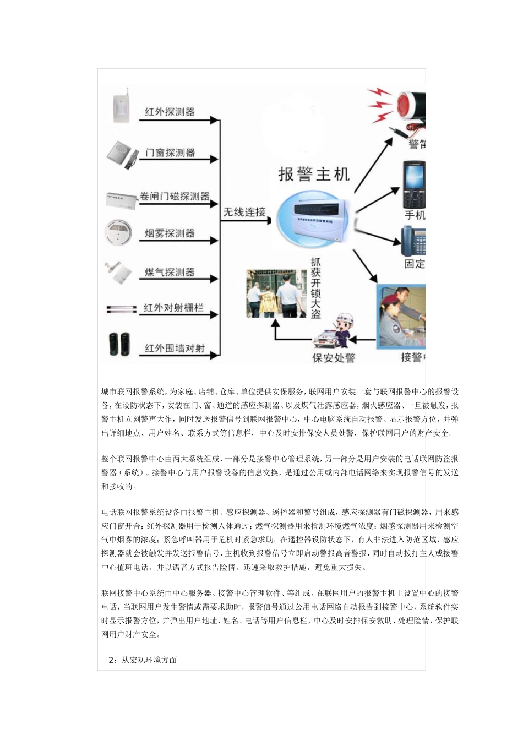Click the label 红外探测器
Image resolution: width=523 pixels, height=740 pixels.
point(170,112)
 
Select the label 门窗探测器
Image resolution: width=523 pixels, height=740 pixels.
point(170,153)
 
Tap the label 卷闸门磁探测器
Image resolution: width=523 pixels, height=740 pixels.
point(175,196)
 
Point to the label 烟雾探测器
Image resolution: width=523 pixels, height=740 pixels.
point(170,233)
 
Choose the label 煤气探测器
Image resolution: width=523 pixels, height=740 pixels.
point(170,272)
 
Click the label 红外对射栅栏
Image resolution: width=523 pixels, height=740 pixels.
point(173,308)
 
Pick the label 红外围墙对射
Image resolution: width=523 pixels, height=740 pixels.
point(175,348)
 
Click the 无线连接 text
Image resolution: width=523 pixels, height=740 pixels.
point(244,212)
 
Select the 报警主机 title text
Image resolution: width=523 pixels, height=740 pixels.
point(314,175)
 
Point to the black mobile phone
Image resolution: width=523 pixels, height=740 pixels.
point(415,184)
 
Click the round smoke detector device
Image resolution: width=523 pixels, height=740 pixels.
point(118,233)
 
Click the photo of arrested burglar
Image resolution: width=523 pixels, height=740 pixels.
point(276,293)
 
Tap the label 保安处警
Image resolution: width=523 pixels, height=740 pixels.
point(334,358)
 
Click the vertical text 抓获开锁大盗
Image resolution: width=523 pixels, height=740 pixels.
point(315,288)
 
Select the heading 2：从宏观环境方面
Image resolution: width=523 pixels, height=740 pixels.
point(143,660)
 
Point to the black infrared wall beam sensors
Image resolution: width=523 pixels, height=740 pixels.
point(119,345)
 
